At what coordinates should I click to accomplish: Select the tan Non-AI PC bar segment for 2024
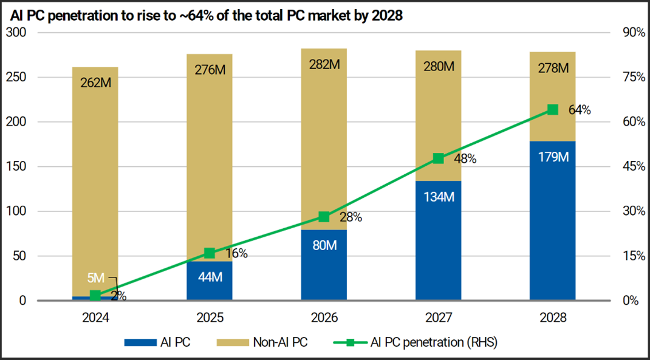[95, 182]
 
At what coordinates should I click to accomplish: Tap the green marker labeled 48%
[438, 158]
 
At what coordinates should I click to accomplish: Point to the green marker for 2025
[210, 253]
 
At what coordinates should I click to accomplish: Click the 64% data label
[579, 110]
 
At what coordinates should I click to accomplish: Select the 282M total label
[324, 64]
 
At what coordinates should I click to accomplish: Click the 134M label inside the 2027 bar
[438, 197]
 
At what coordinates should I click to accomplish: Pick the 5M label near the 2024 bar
[95, 278]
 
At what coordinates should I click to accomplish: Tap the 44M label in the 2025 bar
[210, 277]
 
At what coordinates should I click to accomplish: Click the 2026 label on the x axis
[324, 318]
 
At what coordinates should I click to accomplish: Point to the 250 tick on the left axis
[19, 77]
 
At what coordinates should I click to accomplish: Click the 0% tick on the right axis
[632, 301]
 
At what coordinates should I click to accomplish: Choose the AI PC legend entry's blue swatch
[140, 342]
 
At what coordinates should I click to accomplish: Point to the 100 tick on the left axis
[19, 211]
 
